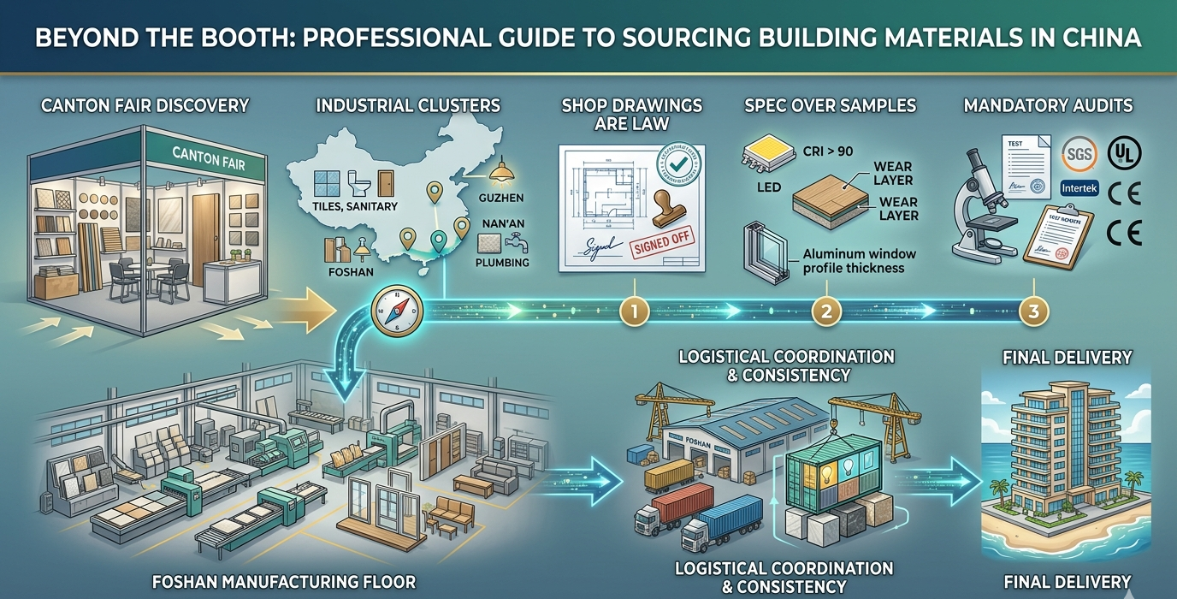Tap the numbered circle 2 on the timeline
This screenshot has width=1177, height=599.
pos(826,311)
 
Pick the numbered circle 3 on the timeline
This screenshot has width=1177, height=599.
pos(1034,311)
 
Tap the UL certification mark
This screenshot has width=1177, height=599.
pos(1124,153)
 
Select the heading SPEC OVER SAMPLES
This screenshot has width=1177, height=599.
pos(831,106)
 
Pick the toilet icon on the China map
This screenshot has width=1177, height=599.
pos(355,181)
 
